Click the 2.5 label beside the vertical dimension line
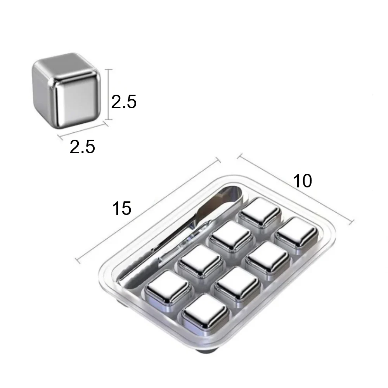(x=124, y=102)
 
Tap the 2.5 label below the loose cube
(x=82, y=147)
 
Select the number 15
(x=121, y=208)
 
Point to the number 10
(x=302, y=181)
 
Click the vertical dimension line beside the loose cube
(x=108, y=95)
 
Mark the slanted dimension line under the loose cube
(x=83, y=130)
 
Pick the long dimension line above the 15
(x=148, y=210)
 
